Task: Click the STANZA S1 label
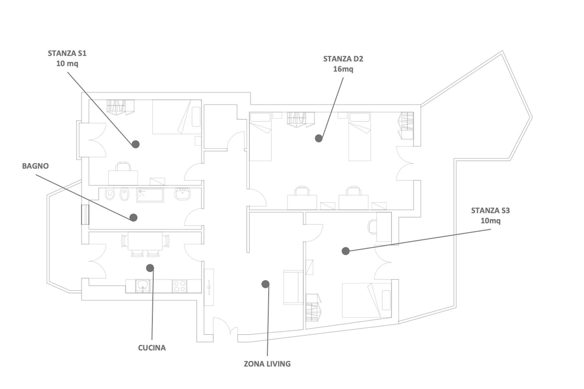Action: point(67,53)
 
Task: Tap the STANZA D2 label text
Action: point(343,59)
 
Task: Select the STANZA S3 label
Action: point(490,210)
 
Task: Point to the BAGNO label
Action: point(35,166)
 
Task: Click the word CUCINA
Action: point(152,348)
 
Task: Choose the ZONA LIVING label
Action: point(267,364)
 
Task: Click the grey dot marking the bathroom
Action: point(133,217)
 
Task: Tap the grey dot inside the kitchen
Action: point(150,268)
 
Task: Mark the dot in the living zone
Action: point(265,284)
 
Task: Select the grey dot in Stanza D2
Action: point(318,138)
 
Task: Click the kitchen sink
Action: point(143,286)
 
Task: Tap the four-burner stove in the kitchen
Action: point(179,286)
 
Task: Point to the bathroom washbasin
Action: point(182,194)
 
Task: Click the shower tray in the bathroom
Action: point(150,195)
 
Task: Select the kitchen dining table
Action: point(145,241)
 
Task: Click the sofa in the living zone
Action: point(293,287)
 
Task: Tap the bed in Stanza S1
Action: point(176,117)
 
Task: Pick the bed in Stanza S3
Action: point(367,300)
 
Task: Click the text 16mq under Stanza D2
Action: point(343,69)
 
